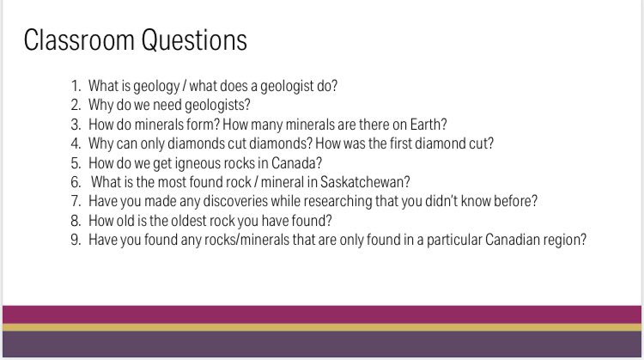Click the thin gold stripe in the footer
pos(322,326)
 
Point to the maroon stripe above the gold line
pos(322,314)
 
